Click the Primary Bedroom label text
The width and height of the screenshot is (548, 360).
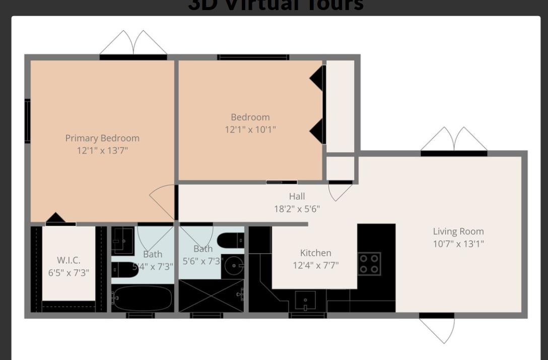coord(102,138)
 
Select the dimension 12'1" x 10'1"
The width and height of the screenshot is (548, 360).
coord(250,129)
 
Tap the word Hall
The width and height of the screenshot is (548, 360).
coord(297,196)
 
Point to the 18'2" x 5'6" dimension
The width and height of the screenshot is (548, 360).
coord(297,208)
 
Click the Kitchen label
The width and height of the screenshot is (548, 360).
coord(315,253)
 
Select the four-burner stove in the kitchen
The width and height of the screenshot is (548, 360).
coord(369,264)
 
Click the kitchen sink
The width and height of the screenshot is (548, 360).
coord(305,301)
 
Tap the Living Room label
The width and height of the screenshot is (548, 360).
coord(458,232)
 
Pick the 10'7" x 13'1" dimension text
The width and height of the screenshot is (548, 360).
coord(458,244)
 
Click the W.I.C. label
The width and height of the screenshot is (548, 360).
coord(68,260)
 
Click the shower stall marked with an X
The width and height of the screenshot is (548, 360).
coord(211,296)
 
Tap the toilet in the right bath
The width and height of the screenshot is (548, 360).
coord(232,241)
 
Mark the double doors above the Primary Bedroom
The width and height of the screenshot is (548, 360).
coord(133,43)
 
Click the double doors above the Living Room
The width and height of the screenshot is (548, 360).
coord(454,139)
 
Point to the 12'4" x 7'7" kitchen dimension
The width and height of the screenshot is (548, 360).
coord(315,265)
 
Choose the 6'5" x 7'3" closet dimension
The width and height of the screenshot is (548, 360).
coord(68,273)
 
